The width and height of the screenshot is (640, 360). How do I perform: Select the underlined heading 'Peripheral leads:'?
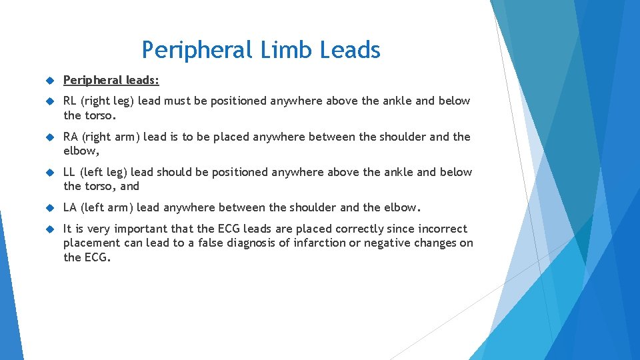tap(111, 81)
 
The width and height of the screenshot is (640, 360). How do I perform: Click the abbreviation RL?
tap(70, 101)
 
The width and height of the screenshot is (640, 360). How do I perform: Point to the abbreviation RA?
tap(71, 137)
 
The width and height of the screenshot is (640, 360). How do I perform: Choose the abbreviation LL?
tap(69, 172)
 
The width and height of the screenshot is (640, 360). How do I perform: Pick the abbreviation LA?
tap(70, 207)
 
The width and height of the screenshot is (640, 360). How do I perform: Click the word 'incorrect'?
tap(442, 229)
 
